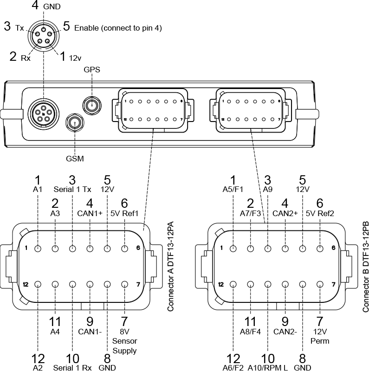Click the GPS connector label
pyautogui.click(x=92, y=70)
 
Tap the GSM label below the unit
pyautogui.click(x=75, y=159)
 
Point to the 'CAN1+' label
pyautogui.click(x=90, y=213)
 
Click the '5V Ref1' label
pyautogui.click(x=124, y=213)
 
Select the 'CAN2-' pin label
pyautogui.click(x=285, y=332)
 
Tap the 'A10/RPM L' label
pyautogui.click(x=268, y=368)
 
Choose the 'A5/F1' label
pyautogui.click(x=233, y=189)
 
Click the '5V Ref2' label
pyautogui.click(x=320, y=213)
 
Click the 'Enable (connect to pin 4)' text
pyautogui.click(x=118, y=28)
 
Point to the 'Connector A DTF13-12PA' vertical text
pyautogui.click(x=170, y=266)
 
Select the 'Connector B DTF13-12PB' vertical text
pyautogui.click(x=365, y=266)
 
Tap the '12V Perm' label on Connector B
pyautogui.click(x=319, y=336)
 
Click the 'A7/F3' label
pyautogui.click(x=251, y=213)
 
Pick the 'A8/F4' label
pyautogui.click(x=251, y=332)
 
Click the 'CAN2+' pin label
pyautogui.click(x=285, y=213)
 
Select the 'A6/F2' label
pyautogui.click(x=233, y=368)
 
